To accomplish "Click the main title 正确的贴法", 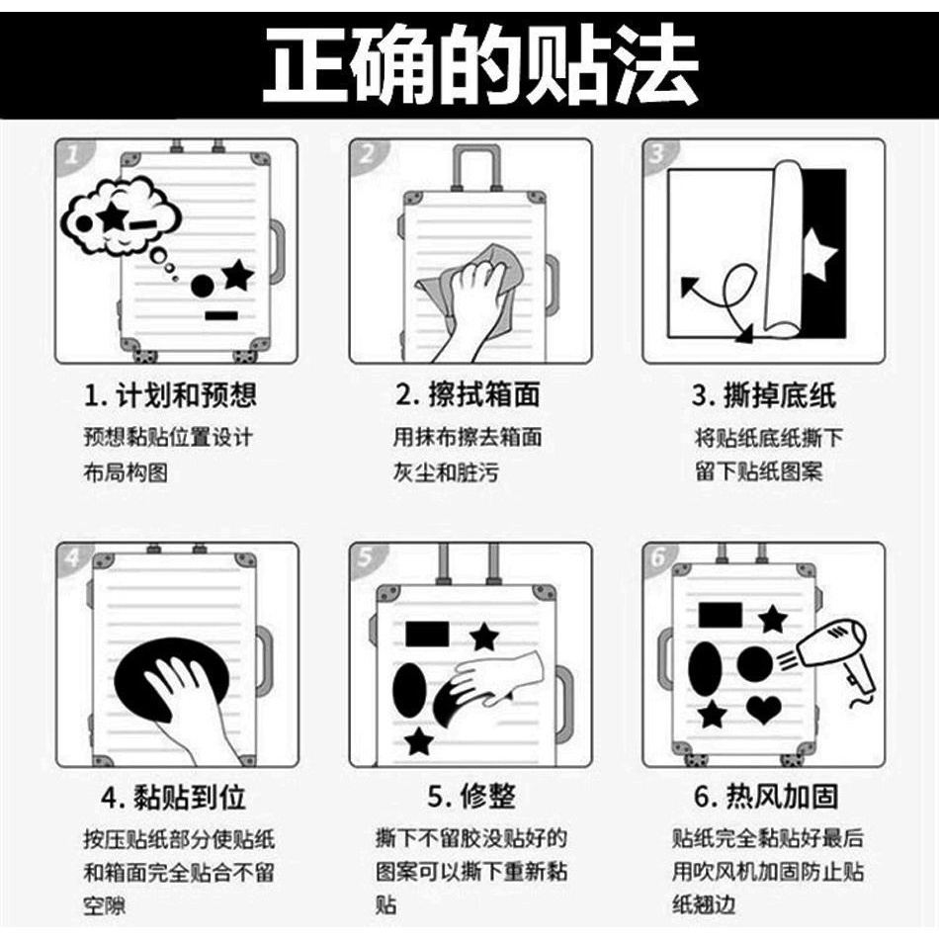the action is point(481,64).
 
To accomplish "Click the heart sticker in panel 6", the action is point(764,710).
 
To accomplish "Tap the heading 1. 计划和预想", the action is point(170,395).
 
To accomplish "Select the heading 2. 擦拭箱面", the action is point(468,395).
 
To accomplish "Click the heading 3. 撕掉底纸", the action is point(763,395).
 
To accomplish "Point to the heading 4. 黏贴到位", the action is point(174,797).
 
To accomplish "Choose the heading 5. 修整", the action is point(471,797).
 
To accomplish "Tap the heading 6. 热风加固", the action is point(766,797).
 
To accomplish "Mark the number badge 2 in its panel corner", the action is point(367,155).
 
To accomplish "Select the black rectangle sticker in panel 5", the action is point(427,635).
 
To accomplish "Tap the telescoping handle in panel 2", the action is point(476,168).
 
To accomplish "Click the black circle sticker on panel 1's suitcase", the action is point(203,286).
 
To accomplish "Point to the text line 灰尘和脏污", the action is point(446,472).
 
